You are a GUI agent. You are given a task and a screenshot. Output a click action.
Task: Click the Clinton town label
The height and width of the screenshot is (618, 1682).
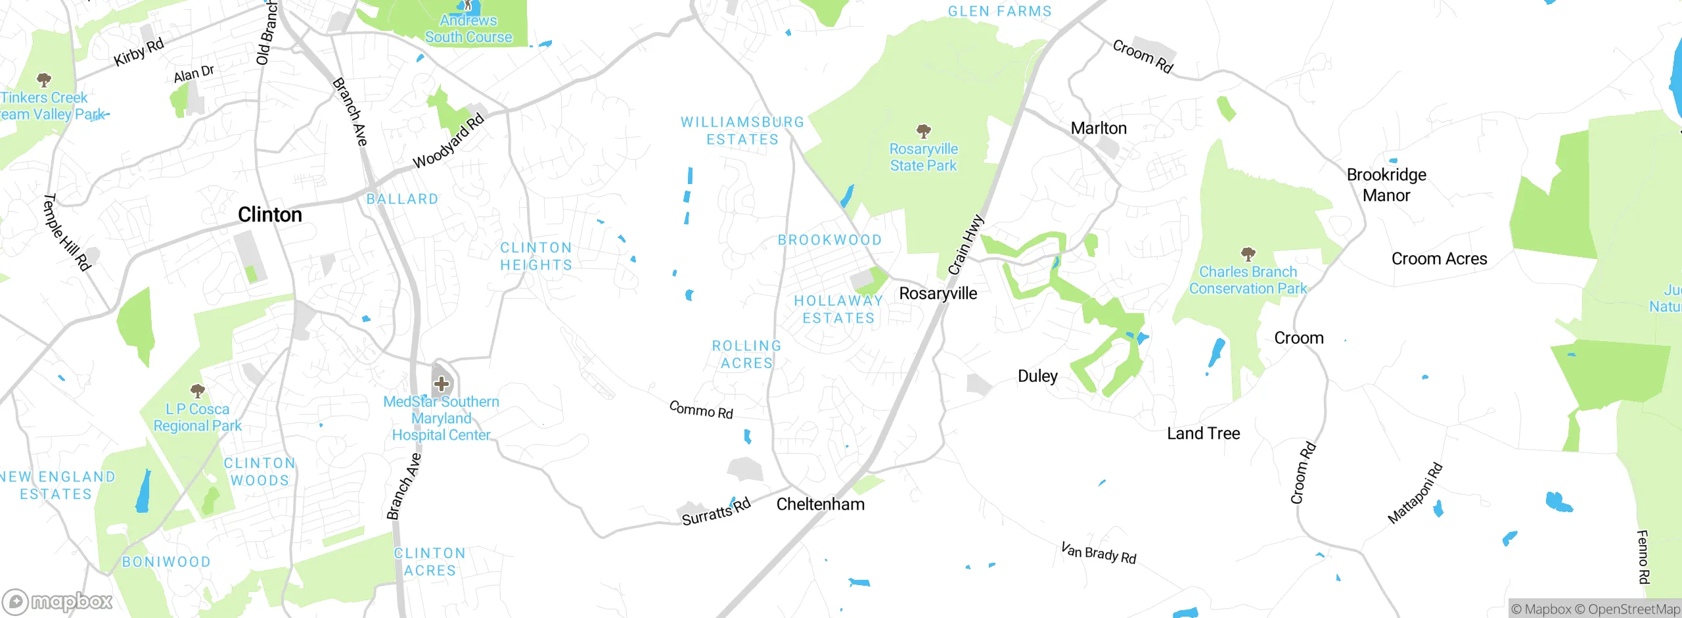(270, 215)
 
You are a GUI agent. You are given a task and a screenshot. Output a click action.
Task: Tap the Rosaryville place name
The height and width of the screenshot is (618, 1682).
(938, 293)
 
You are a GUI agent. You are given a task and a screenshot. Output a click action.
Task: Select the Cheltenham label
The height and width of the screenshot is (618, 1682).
(820, 504)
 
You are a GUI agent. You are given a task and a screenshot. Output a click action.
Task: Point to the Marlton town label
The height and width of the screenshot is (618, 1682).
(1099, 128)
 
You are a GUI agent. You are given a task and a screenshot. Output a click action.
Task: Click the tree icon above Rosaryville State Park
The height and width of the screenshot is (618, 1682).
(923, 131)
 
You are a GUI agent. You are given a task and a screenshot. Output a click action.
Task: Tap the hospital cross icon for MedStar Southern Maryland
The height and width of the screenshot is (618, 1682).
(442, 383)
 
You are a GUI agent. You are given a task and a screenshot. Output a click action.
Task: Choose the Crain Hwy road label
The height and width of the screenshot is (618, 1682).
(966, 245)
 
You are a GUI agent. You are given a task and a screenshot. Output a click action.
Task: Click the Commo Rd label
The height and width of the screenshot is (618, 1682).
(700, 410)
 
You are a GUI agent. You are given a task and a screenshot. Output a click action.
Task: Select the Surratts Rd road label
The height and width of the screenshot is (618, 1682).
(716, 512)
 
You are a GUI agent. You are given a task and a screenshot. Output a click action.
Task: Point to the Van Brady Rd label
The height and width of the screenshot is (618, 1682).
(1099, 553)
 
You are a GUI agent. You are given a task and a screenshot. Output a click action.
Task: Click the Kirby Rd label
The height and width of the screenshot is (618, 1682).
(139, 53)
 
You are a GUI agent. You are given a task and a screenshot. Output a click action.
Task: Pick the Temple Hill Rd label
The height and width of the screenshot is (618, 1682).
(66, 232)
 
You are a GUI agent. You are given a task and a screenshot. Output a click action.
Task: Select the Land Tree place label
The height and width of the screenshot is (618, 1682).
(1203, 434)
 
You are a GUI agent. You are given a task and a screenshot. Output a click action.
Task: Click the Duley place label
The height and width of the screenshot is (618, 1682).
(1037, 376)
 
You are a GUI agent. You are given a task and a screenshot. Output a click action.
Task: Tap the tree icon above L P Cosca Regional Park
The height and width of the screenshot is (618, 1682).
(197, 391)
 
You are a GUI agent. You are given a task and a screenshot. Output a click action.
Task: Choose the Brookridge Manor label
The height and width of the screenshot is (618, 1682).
(1386, 185)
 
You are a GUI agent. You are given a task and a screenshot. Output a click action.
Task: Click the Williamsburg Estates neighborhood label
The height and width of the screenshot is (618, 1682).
(742, 131)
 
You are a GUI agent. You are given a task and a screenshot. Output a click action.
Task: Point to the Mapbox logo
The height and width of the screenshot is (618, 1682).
(58, 602)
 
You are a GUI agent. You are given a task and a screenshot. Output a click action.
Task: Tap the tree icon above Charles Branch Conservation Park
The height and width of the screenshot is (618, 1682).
(1248, 254)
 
